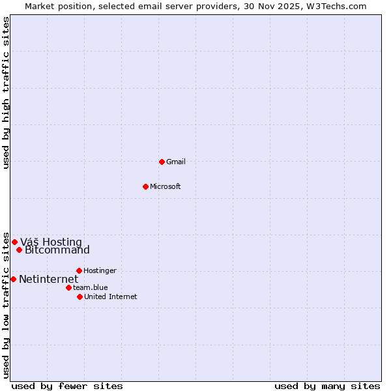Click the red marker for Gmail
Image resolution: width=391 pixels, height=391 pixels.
[162, 162]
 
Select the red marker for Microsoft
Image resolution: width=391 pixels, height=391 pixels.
[145, 186]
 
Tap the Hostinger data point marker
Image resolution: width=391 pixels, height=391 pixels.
[79, 270]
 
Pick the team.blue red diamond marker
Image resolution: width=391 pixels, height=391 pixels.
[68, 287]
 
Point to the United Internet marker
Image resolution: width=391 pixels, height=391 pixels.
[80, 297]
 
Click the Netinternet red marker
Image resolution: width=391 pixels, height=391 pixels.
[13, 279]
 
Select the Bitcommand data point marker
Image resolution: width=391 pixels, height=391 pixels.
[19, 250]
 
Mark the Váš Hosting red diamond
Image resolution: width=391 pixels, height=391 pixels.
[14, 242]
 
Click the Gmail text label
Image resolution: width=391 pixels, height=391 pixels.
[176, 162]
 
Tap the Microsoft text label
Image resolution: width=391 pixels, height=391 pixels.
[166, 186]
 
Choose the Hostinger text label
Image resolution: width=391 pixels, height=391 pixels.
[100, 270]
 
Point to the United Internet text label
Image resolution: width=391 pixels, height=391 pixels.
[111, 297]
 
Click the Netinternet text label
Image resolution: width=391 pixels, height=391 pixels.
[48, 280]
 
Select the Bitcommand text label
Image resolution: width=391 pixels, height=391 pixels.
[57, 250]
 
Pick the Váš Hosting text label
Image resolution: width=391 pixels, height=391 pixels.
[51, 242]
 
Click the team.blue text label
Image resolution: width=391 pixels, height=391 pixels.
[91, 287]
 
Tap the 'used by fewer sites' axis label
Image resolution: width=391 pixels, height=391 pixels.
[67, 386]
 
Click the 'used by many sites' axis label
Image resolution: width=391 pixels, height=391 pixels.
[327, 386]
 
